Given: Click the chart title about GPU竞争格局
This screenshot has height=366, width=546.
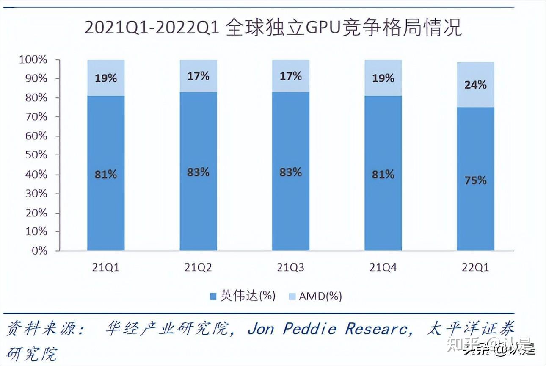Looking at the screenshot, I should [x=273, y=28].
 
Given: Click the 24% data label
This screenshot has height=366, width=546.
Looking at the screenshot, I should [x=475, y=85].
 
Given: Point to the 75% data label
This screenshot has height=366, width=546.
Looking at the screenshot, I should [x=475, y=180].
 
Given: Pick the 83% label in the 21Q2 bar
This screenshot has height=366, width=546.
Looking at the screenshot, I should [x=198, y=172].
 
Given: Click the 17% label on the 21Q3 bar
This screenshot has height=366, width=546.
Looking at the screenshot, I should [x=291, y=76].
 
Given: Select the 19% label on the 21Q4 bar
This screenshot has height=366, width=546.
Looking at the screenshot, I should [x=383, y=78].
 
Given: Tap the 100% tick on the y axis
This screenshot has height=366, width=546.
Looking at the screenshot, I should [x=33, y=60].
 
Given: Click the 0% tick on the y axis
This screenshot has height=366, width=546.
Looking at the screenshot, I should [x=39, y=251].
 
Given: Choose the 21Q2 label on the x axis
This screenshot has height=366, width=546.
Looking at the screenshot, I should [x=198, y=268].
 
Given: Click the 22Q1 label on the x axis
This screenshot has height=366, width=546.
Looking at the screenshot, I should [x=475, y=268].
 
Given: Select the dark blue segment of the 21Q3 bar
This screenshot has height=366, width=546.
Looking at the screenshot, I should [x=291, y=212].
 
